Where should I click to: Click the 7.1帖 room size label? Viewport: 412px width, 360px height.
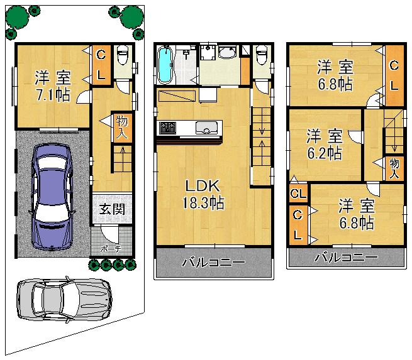52,95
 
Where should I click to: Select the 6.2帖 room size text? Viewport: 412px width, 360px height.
325,153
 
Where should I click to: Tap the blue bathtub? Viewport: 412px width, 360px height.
165,65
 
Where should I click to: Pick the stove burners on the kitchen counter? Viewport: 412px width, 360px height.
167,128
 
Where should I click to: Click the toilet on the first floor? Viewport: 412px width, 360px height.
124,61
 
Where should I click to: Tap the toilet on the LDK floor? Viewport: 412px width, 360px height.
262,58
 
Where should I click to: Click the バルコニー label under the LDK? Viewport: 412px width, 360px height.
214,262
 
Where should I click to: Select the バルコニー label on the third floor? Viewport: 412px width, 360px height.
346,258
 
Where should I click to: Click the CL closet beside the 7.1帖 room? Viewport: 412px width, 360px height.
101,65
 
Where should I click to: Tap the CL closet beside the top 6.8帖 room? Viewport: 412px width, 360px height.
394,75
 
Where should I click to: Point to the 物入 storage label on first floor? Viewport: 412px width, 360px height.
122,128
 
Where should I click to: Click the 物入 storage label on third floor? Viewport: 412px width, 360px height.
394,168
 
